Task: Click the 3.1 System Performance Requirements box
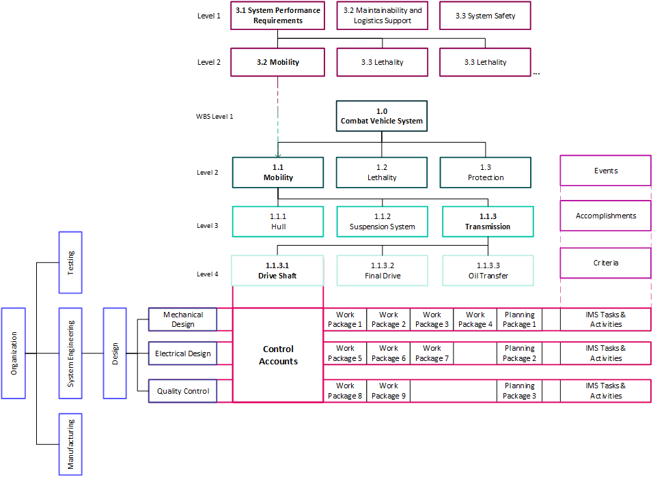277,16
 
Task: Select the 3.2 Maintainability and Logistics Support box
383,16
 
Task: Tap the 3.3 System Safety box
486,16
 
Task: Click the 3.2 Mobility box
277,62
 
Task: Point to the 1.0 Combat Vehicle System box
382,116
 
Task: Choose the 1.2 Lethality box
382,173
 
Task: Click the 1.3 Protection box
486,173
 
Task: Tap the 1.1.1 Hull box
277,221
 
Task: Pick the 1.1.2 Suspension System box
382,221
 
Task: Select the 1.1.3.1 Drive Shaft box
277,271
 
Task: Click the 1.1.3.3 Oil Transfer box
486,271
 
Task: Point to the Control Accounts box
278,355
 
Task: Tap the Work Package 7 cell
432,353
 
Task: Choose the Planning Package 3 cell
519,391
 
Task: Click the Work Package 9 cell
388,391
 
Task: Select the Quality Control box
182,391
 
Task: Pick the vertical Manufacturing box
70,444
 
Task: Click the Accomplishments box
606,216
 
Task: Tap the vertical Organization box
14,353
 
